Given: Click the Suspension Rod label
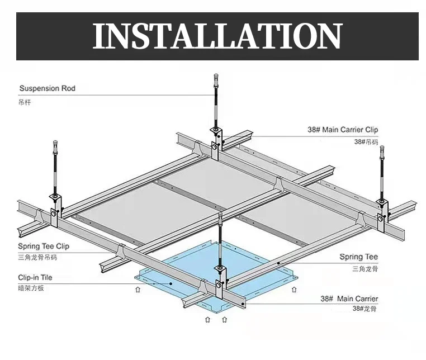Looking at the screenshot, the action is (47, 88).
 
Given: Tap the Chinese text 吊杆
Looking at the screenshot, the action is (26, 102).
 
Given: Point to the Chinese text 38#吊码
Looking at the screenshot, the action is (366, 142).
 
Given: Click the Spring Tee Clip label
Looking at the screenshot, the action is (44, 246).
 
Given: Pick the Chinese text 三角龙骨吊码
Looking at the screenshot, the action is (37, 258).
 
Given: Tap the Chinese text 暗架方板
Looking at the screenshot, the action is (31, 289).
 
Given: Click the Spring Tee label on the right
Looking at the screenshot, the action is (359, 257).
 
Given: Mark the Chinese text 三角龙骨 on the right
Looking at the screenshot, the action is (365, 269).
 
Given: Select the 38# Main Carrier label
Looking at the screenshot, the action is (349, 299).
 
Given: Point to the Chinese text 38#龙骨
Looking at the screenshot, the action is (365, 309).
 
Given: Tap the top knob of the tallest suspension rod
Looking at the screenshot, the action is (216, 75).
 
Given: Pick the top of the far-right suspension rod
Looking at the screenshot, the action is (382, 149).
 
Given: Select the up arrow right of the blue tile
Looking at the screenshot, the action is (294, 290).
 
